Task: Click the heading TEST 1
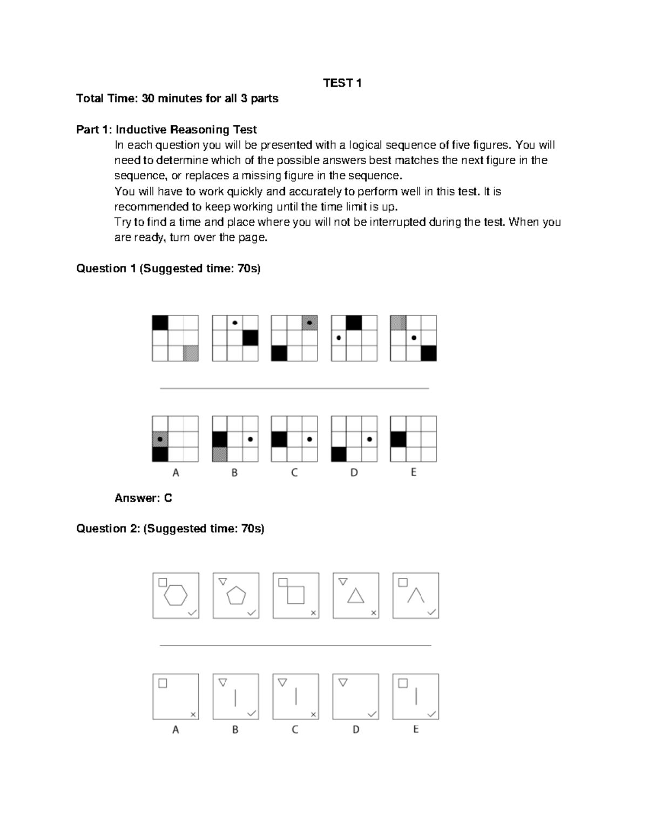tap(342, 83)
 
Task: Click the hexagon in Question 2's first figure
tap(176, 595)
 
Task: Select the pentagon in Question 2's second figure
tap(236, 595)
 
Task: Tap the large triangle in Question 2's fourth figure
tap(355, 596)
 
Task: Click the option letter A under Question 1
tap(175, 473)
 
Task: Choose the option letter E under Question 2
tap(416, 729)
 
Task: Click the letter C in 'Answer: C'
tap(168, 498)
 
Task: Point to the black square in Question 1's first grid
tap(160, 323)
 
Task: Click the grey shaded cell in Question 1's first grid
tap(191, 353)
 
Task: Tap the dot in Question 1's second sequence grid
tap(235, 323)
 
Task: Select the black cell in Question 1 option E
tap(399, 439)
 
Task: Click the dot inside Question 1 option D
tap(369, 439)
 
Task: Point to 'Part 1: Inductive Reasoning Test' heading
tap(166, 130)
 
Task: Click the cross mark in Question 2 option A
tap(193, 714)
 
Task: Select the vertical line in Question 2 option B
tap(235, 697)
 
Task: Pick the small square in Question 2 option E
tap(403, 683)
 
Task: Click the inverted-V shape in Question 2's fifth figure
tap(415, 595)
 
